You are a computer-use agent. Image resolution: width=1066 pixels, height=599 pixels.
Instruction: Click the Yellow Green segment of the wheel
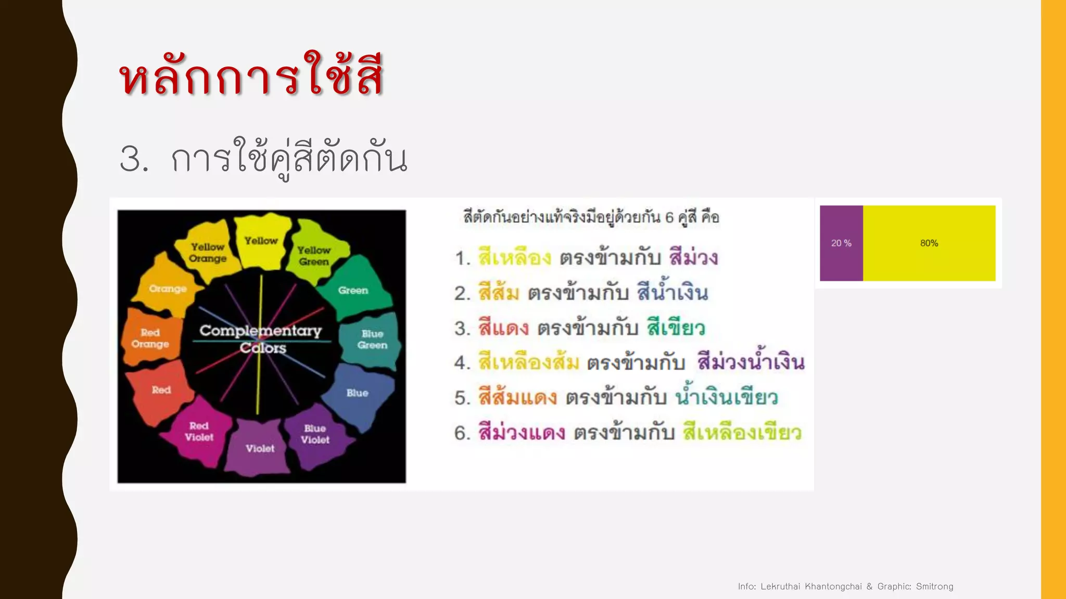[x=314, y=255]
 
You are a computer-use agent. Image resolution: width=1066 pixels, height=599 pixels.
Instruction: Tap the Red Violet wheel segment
[x=199, y=432]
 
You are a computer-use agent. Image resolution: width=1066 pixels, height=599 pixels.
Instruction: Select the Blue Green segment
[x=372, y=339]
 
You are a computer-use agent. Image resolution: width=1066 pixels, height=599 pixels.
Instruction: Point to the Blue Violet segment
[x=315, y=434]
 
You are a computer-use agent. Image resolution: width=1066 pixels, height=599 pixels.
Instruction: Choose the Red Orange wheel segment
[x=150, y=338]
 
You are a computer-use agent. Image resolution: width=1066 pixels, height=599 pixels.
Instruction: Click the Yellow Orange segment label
[x=208, y=253]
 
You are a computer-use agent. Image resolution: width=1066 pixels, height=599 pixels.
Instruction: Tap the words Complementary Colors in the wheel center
[x=261, y=339]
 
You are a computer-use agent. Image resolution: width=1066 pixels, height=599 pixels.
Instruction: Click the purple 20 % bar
[x=841, y=243]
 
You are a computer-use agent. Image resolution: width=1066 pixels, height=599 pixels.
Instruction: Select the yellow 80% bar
[x=929, y=243]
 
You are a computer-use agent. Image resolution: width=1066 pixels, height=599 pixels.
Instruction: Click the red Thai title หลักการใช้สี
[x=251, y=75]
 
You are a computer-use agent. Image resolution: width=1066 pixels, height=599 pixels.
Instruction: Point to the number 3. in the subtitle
[x=134, y=159]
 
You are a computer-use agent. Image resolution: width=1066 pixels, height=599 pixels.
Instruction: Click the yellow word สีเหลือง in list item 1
[x=514, y=257]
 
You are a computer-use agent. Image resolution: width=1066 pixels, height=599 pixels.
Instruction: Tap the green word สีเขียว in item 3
[x=676, y=328]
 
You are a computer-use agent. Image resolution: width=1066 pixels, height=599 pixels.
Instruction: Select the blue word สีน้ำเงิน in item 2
[x=672, y=292]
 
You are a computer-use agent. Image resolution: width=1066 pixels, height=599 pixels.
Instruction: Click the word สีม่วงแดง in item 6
[x=522, y=433]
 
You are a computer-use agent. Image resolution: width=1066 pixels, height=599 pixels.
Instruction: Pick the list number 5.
[x=462, y=398]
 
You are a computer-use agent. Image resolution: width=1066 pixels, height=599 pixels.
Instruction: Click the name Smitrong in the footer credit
[x=934, y=587]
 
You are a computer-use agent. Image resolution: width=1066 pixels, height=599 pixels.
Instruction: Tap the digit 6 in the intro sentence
[x=669, y=217]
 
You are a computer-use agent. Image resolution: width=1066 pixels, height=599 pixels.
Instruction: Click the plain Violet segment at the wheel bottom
[x=260, y=448]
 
